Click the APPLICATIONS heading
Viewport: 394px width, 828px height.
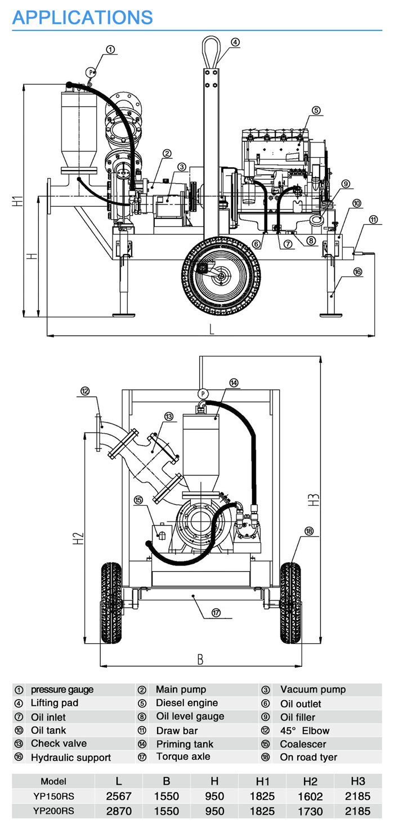pos(82,17)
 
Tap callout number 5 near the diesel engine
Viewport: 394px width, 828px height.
pos(316,110)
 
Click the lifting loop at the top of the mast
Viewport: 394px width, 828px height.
pos(212,50)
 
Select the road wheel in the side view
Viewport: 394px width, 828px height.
pos(221,275)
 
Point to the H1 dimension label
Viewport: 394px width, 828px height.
pos(18,200)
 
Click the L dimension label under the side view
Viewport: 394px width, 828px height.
pos(212,330)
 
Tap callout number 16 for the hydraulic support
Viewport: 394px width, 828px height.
pos(357,271)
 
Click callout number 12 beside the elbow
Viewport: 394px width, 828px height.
pos(85,391)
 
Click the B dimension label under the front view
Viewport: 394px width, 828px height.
pos(200,658)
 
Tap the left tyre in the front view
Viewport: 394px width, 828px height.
pos(111,602)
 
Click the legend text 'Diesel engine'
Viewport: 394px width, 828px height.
pos(187,703)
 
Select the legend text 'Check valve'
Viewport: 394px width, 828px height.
pos(59,744)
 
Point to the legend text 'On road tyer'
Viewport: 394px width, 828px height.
pos(308,757)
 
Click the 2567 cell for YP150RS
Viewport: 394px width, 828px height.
pos(119,796)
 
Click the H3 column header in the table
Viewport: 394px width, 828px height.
pos(357,781)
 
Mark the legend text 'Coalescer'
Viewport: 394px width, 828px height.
pos(303,744)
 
